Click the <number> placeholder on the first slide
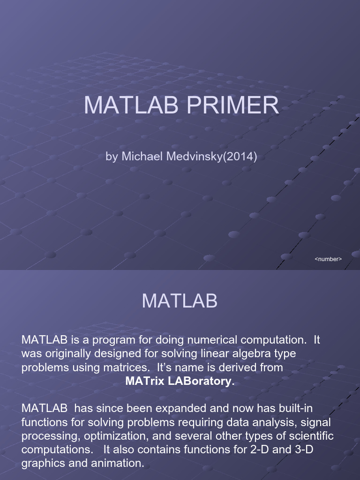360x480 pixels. click(x=328, y=259)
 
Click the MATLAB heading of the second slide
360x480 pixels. click(x=180, y=301)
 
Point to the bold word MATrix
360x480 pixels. click(x=144, y=381)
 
